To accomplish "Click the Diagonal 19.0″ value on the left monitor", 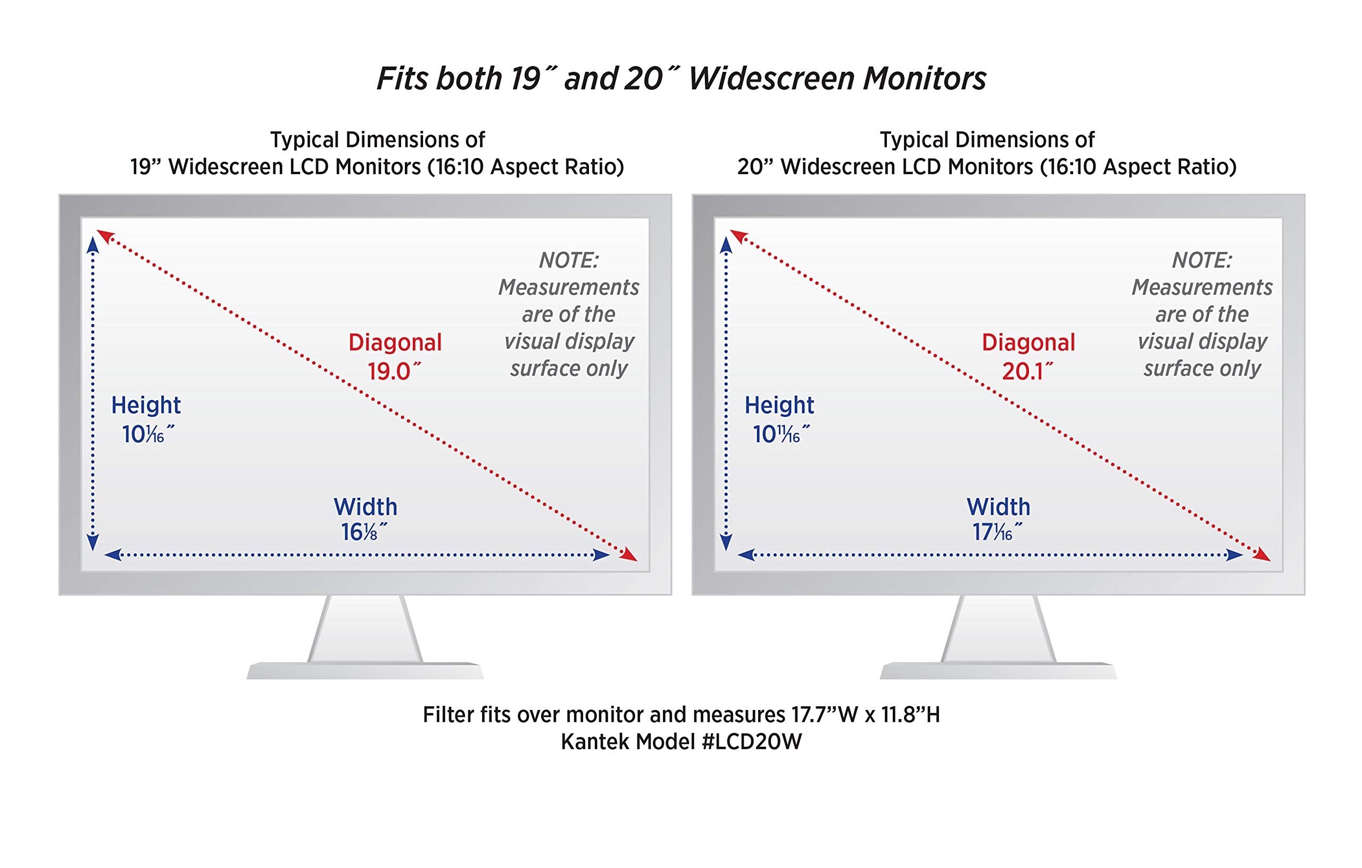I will coord(394,372).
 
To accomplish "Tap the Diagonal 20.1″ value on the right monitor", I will coord(1028,372).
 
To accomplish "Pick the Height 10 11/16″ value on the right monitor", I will coord(780,435).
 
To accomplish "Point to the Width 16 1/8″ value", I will coord(364,532).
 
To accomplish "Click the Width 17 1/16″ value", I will coord(997,532).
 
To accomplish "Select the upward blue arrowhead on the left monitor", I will coord(93,245).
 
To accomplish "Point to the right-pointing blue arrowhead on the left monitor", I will coord(601,555).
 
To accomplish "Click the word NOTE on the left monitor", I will coord(568,260).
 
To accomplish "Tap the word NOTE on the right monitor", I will coord(1202,260).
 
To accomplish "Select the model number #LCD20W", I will coord(752,742).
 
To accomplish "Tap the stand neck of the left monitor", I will coord(366,629).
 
